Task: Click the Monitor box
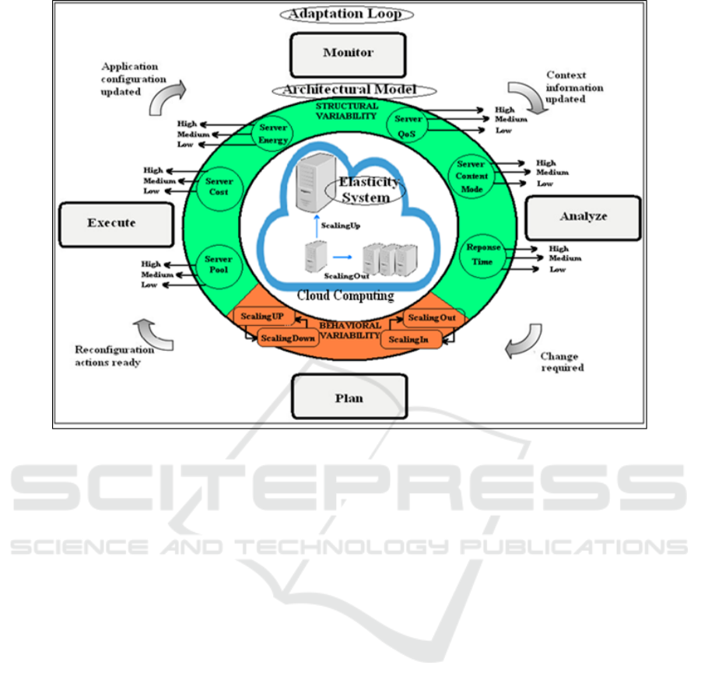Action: pyautogui.click(x=348, y=54)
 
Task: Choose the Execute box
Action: pyautogui.click(x=117, y=223)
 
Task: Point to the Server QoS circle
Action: pyautogui.click(x=408, y=121)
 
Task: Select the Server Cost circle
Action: pyautogui.click(x=219, y=187)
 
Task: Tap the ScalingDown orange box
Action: pyautogui.click(x=282, y=338)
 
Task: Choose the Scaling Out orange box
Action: pyautogui.click(x=433, y=318)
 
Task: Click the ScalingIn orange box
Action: pyautogui.click(x=409, y=339)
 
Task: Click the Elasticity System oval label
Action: pyautogui.click(x=369, y=190)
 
